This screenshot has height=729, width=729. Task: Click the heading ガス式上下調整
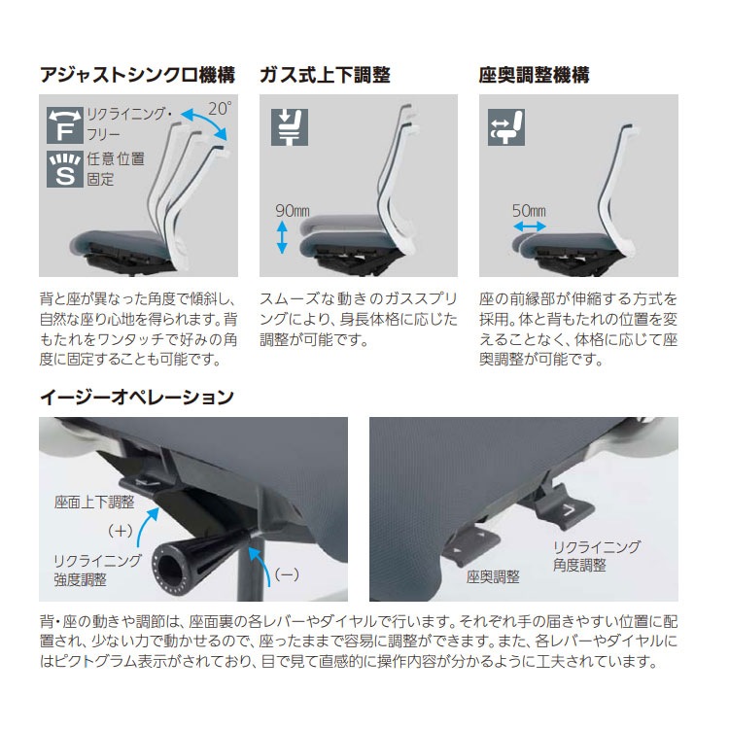click(x=324, y=75)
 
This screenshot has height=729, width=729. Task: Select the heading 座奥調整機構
click(x=534, y=75)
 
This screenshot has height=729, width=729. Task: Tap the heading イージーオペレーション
click(x=136, y=397)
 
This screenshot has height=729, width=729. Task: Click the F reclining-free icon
click(x=63, y=126)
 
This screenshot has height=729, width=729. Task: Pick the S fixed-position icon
click(x=63, y=168)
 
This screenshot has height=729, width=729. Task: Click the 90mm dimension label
click(x=293, y=210)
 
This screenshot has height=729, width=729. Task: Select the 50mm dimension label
click(x=529, y=210)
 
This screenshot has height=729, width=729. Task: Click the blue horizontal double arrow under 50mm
click(x=530, y=226)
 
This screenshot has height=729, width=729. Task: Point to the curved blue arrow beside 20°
click(x=209, y=127)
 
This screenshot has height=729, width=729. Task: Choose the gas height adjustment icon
click(x=289, y=126)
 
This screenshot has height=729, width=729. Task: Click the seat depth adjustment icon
click(x=507, y=126)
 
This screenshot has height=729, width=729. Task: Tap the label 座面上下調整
click(x=94, y=503)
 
